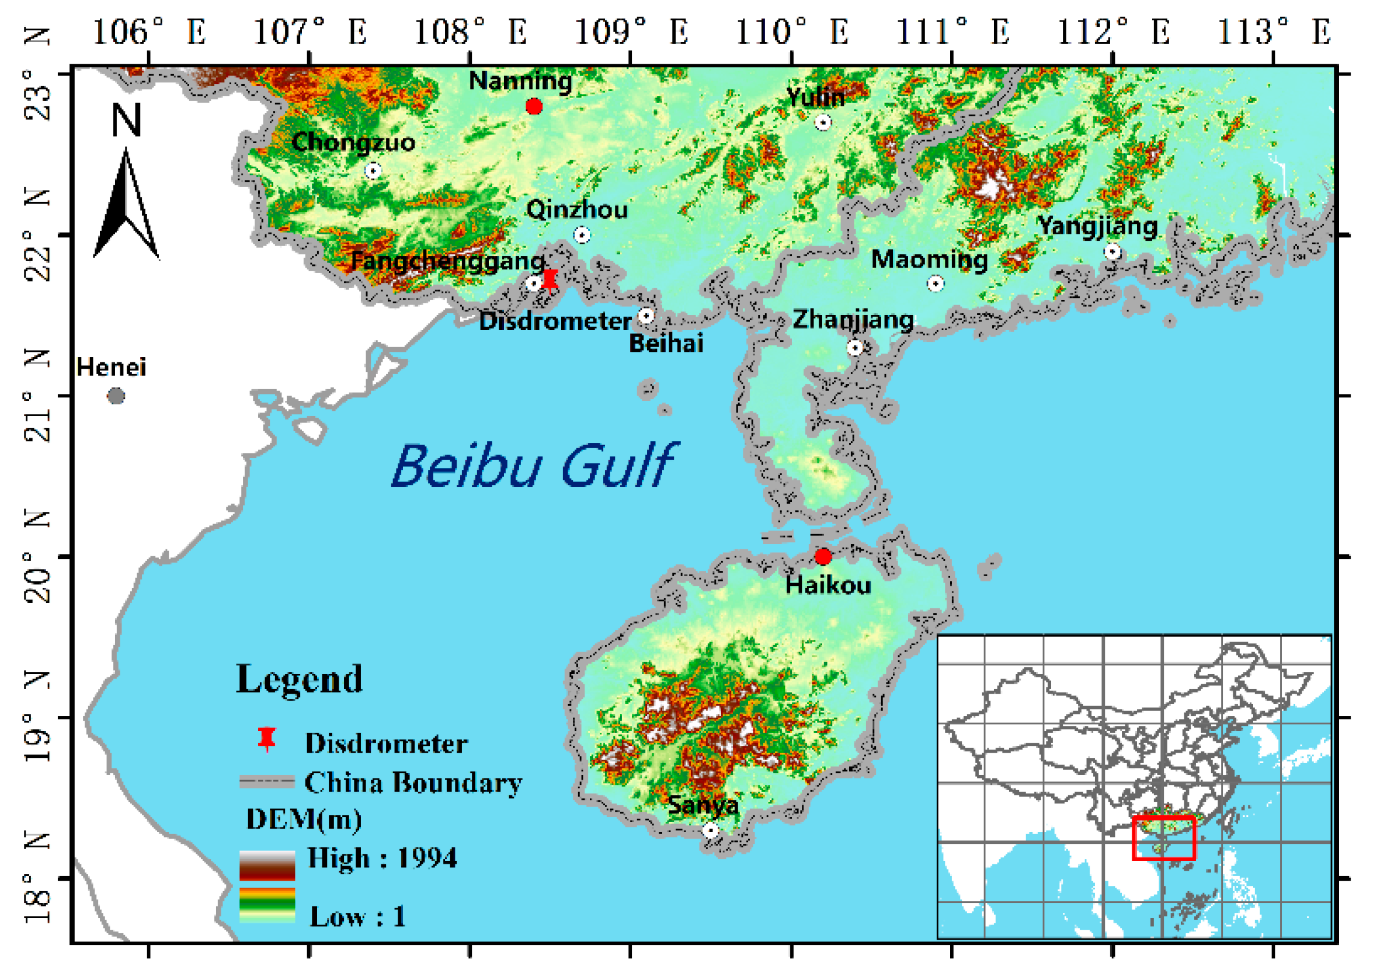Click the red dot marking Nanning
[x=534, y=107]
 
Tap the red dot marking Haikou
[x=823, y=556]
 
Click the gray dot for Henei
[x=116, y=396]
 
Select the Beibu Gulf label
[x=534, y=465]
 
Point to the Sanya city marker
[x=711, y=830]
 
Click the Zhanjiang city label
[x=853, y=319]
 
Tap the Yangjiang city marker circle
[x=1112, y=251]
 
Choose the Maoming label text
[x=929, y=259]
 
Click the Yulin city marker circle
[x=823, y=123]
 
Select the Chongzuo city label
[x=353, y=143]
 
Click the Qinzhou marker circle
[x=582, y=235]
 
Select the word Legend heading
[x=300, y=679]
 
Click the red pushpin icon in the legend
[x=266, y=739]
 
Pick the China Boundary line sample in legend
[x=266, y=781]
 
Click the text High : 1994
[x=382, y=857]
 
